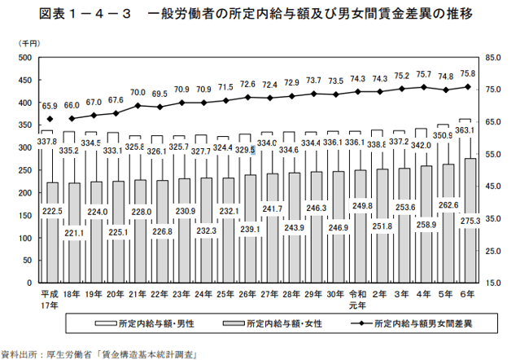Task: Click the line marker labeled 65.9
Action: (x=50, y=119)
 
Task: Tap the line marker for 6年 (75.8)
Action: (x=468, y=87)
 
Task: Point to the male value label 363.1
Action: (x=467, y=130)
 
